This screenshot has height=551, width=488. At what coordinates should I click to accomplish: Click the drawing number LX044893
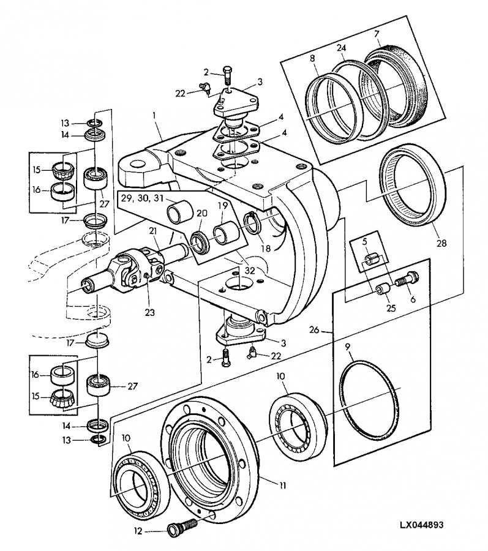(421, 525)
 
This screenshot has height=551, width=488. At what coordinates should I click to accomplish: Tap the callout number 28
(441, 243)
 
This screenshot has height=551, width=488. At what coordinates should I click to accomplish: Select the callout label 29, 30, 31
(142, 198)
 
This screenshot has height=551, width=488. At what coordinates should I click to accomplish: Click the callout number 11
(282, 485)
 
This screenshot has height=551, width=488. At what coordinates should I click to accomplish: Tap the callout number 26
(314, 330)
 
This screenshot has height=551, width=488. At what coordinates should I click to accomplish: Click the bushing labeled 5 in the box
(373, 260)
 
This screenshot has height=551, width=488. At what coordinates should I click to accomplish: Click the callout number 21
(152, 231)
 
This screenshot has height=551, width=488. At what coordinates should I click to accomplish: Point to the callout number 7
(377, 34)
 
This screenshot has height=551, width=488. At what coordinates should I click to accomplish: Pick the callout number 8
(312, 59)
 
